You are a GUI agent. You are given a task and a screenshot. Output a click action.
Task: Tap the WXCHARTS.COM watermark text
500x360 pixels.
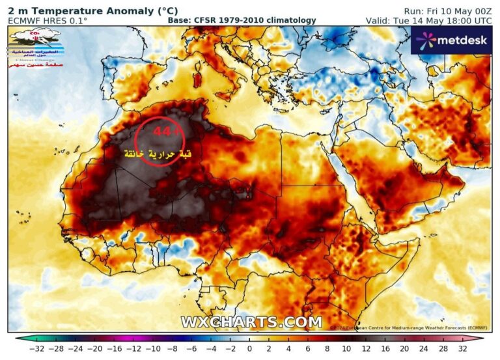251,322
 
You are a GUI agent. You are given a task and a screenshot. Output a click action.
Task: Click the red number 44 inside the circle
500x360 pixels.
161,132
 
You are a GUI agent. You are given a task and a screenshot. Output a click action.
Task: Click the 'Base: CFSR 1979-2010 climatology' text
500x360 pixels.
242,20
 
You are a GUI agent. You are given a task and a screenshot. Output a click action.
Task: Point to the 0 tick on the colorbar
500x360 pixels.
250,350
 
